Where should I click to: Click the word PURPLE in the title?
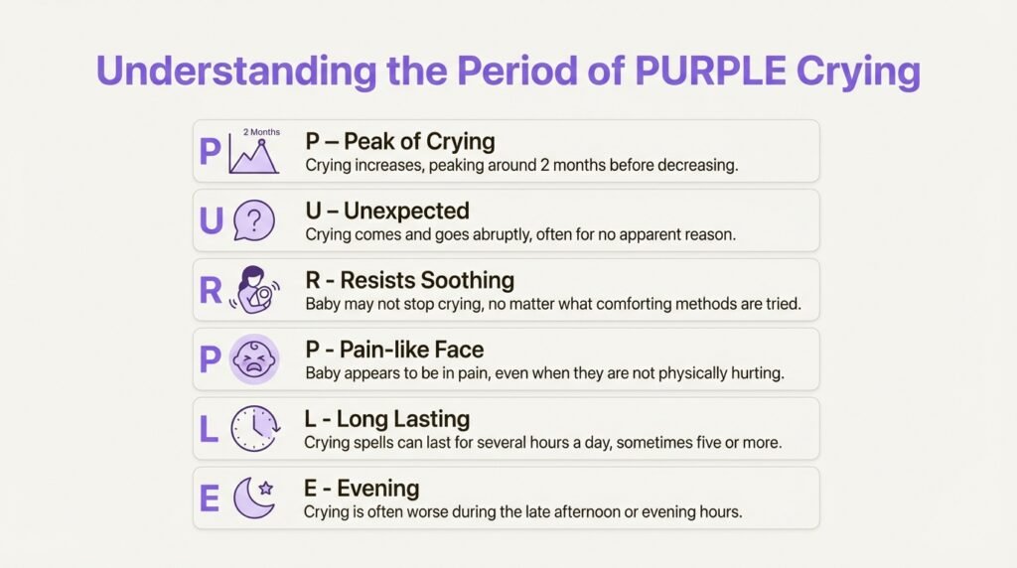tap(710, 71)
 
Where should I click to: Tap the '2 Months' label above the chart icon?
tap(261, 132)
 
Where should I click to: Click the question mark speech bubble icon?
tap(253, 220)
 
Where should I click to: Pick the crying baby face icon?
tap(253, 359)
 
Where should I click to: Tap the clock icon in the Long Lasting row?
tap(255, 429)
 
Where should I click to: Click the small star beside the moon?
tap(265, 488)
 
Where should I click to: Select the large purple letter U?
tap(212, 220)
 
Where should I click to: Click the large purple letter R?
tap(211, 290)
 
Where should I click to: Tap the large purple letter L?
tap(209, 429)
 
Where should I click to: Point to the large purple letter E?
tap(210, 497)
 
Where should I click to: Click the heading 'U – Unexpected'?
tap(387, 211)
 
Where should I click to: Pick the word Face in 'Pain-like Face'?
tap(459, 350)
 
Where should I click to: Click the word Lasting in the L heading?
tap(436, 419)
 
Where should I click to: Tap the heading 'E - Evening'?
tap(362, 489)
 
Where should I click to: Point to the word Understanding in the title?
tap(236, 71)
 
